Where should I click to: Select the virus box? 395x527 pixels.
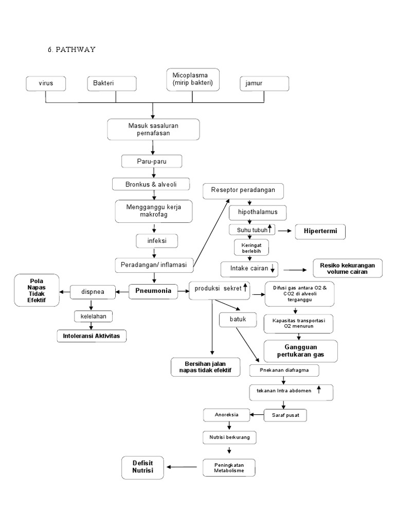tap(46, 83)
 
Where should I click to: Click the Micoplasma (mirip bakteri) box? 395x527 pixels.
tap(192, 79)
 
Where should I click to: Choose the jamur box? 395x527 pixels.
tap(264, 83)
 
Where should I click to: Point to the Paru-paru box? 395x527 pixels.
tap(152, 162)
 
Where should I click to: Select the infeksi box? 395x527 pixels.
tap(152, 240)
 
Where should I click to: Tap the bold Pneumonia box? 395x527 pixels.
tap(153, 291)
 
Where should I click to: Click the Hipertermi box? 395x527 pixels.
tap(320, 232)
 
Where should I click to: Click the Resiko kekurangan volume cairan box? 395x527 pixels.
tap(347, 269)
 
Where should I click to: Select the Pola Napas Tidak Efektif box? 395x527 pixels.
tap(36, 291)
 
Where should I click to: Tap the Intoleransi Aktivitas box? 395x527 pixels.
tap(92, 336)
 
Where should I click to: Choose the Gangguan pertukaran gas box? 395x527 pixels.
tap(301, 352)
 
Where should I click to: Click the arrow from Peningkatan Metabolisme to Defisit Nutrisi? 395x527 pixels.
tap(183, 467)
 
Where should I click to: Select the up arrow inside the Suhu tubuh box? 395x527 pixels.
tap(270, 228)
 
